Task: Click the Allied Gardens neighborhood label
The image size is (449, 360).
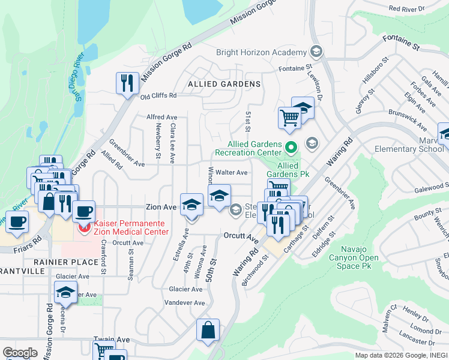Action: [x=224, y=83]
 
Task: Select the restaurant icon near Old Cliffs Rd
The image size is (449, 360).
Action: [x=127, y=84]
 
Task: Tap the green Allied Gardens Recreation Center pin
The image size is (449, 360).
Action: [x=291, y=146]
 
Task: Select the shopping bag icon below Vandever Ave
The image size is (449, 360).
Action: [x=208, y=331]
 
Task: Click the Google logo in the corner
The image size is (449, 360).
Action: [x=20, y=353]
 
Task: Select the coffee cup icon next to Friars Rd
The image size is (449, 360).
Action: [x=17, y=221]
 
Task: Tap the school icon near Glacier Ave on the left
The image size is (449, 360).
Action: [x=65, y=293]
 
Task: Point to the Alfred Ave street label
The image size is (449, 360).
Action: [x=162, y=117]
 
